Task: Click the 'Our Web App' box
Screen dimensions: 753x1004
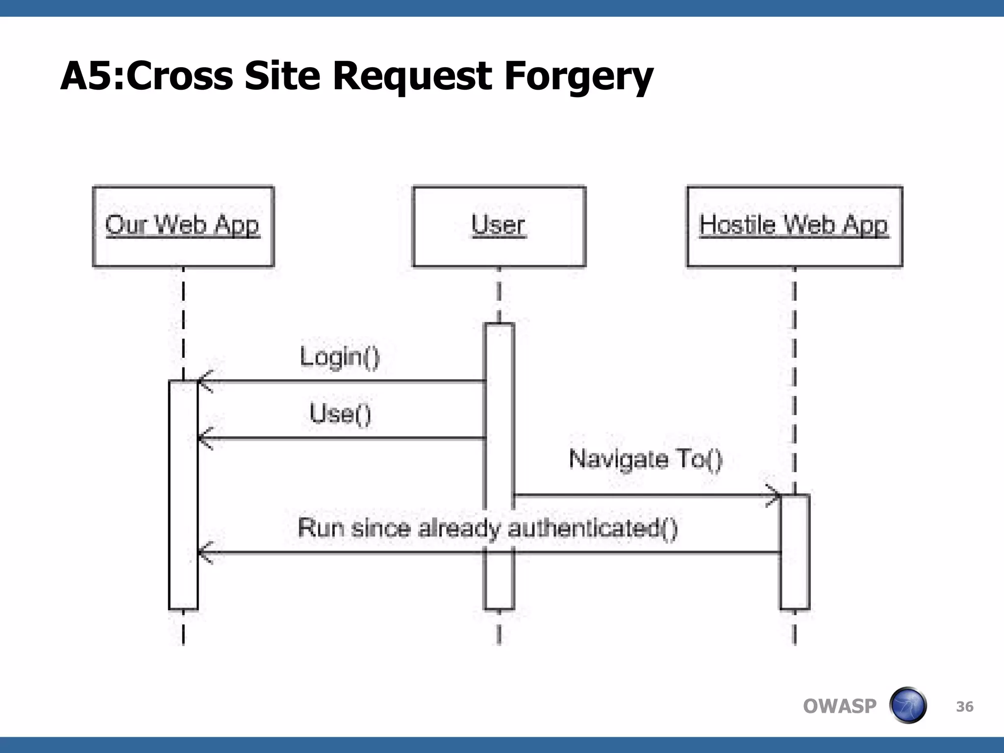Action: coord(183,226)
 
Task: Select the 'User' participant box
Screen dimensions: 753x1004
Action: coord(499,226)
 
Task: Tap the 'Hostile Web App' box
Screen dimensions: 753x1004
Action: coord(794,226)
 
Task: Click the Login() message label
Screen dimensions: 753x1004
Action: coord(340,356)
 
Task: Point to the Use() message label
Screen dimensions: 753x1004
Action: coord(340,413)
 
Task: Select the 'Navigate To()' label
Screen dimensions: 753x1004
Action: coord(645,459)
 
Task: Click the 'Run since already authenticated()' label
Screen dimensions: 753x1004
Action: coord(487,528)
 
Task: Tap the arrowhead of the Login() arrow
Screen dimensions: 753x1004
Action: coord(203,381)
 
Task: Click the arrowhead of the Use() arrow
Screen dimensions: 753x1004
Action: coord(203,438)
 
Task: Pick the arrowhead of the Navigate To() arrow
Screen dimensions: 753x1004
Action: coord(775,496)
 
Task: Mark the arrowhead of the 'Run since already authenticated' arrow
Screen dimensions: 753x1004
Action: coord(203,553)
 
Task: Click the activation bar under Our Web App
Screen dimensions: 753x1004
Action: coord(183,495)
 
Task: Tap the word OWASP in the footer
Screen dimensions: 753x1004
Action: coord(839,706)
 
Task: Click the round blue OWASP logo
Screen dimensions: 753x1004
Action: coord(907,705)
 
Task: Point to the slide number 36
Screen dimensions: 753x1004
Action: coord(964,706)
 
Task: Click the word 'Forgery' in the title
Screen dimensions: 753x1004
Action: coord(578,77)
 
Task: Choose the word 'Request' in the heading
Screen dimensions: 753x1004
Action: coord(412,77)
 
